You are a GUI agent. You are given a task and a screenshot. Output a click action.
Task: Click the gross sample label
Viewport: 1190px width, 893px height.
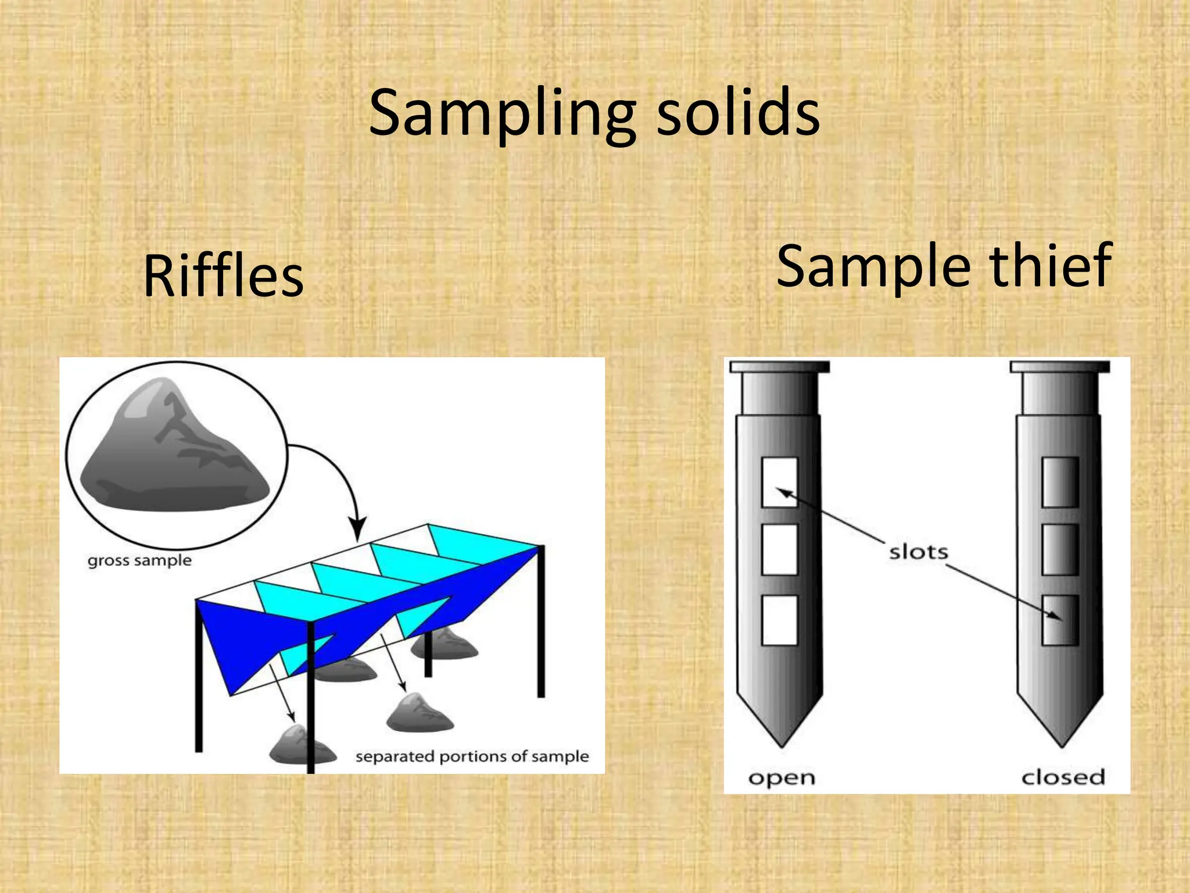point(139,560)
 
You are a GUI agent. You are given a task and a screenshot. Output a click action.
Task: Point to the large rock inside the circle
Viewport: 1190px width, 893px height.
point(174,451)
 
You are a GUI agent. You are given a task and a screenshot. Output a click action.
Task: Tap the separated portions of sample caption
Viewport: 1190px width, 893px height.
point(472,756)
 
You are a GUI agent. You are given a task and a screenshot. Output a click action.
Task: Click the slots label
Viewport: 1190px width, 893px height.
point(918,552)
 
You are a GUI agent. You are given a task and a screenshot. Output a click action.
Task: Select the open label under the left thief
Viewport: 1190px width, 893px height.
point(782,778)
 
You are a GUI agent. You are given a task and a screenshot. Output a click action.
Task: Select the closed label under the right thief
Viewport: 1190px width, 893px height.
point(1063,777)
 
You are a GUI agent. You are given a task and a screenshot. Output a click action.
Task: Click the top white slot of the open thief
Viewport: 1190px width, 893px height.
point(779,482)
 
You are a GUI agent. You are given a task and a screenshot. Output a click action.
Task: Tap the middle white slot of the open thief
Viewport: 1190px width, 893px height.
point(779,549)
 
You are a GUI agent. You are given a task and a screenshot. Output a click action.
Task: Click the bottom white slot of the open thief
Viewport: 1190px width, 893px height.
point(779,620)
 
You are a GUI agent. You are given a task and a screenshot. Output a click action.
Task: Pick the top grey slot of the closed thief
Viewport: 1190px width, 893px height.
point(1060,482)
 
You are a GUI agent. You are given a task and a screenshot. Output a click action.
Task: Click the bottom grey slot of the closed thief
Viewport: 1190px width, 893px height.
point(1060,620)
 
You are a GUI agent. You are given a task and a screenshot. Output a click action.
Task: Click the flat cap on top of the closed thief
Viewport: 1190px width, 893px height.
point(1060,367)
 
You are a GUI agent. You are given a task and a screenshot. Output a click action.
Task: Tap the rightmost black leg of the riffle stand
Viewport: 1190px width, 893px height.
point(541,622)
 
